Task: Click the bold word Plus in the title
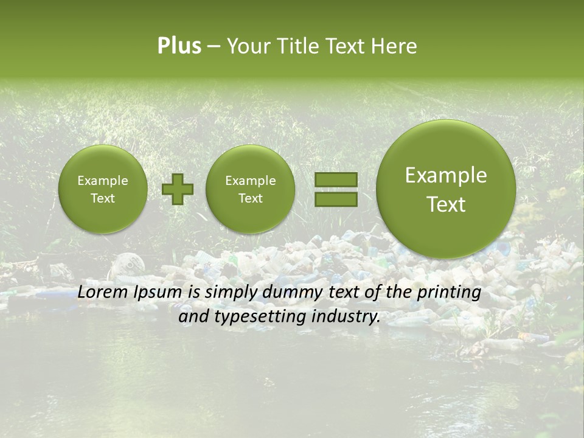[x=179, y=46]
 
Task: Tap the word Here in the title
[x=395, y=46]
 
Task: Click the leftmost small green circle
[x=103, y=189]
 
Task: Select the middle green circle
[x=250, y=189]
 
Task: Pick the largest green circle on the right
[x=446, y=189]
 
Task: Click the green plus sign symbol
[x=178, y=189]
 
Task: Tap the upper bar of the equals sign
[x=336, y=179]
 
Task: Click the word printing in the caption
[x=449, y=293]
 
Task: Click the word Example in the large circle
[x=446, y=176]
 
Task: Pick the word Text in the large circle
[x=446, y=204]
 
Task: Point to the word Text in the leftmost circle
[x=103, y=198]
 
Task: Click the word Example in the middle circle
[x=250, y=181]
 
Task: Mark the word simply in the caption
[x=231, y=293]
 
